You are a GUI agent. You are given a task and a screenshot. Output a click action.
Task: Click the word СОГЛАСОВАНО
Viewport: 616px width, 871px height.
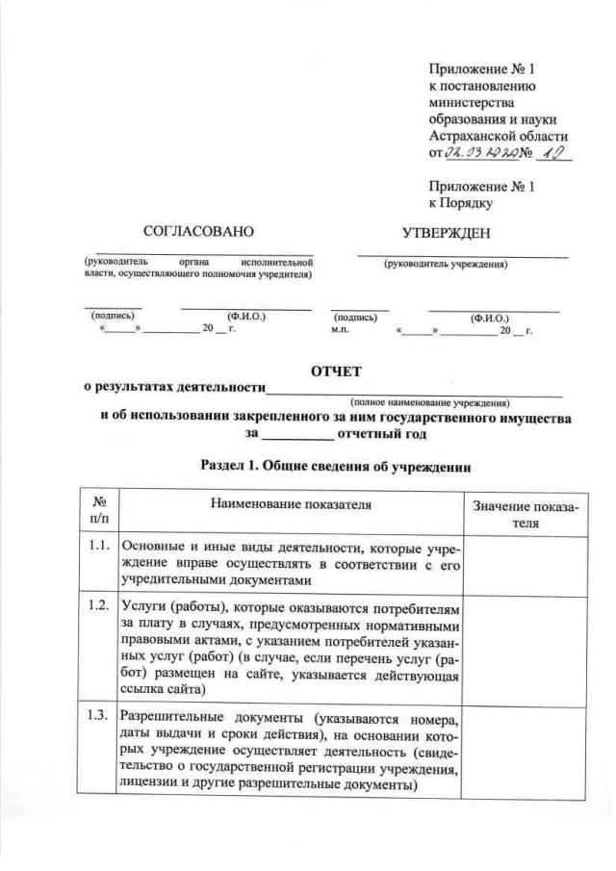click(x=196, y=233)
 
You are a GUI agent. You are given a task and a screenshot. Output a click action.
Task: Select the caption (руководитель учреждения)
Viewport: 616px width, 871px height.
click(x=446, y=264)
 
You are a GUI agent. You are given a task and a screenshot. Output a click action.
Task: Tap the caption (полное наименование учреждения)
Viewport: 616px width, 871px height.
click(x=429, y=401)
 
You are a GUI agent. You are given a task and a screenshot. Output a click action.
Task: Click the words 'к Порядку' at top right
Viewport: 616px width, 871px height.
click(x=461, y=203)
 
